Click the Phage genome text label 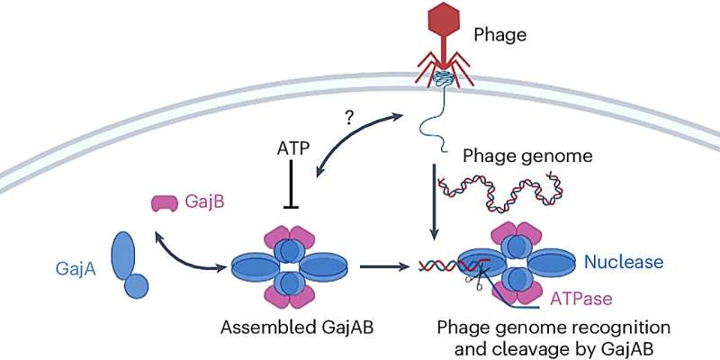pyautogui.click(x=515, y=156)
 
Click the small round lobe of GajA pyautogui.click(x=137, y=286)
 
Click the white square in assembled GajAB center pyautogui.click(x=289, y=267)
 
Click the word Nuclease pyautogui.click(x=624, y=263)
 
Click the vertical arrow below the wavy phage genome pyautogui.click(x=436, y=202)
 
